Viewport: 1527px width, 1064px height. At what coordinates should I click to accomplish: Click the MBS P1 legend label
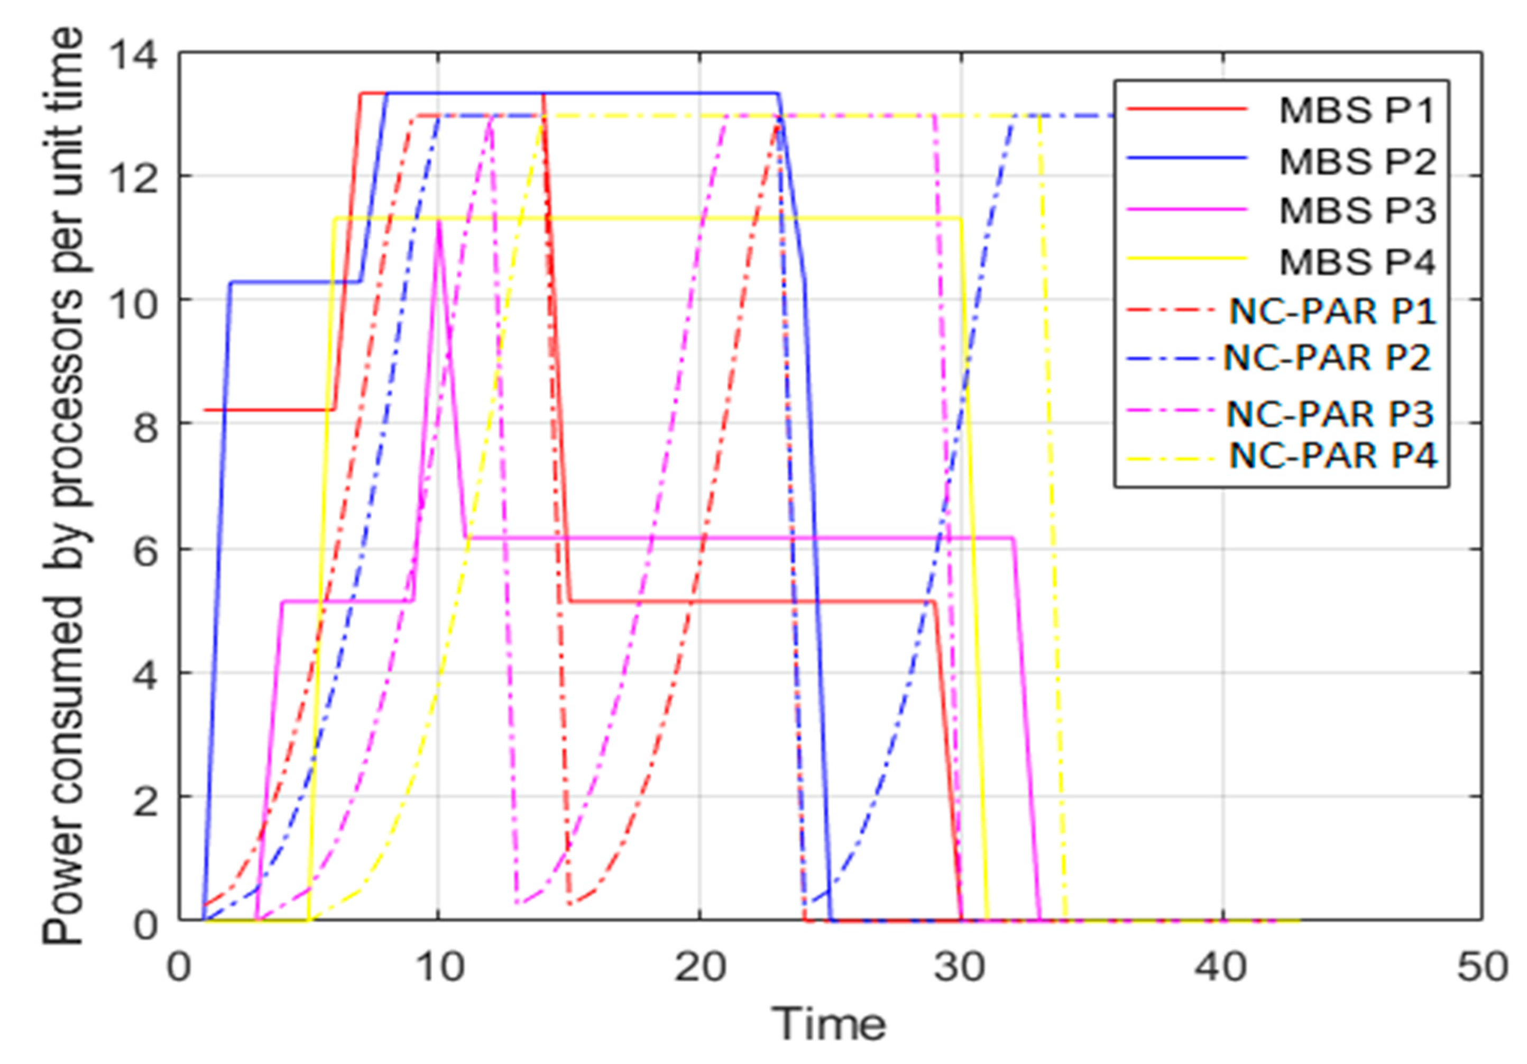point(1357,111)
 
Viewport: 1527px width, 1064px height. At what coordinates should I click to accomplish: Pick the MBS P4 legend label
point(1357,261)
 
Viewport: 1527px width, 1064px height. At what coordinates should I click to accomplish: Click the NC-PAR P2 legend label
point(1327,358)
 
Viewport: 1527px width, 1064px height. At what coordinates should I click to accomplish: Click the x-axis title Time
point(828,1023)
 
